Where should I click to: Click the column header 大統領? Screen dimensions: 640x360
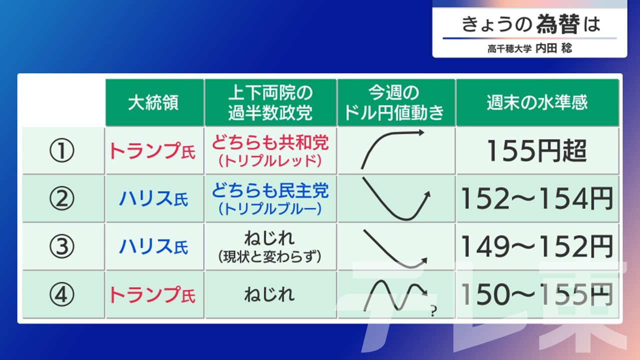(x=153, y=102)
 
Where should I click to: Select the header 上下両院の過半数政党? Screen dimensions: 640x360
(x=270, y=102)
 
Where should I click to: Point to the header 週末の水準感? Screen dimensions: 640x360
(x=537, y=102)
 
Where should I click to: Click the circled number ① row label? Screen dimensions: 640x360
(x=61, y=150)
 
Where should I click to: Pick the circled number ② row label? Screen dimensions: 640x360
(x=61, y=198)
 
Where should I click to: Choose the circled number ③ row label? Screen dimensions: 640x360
(x=61, y=246)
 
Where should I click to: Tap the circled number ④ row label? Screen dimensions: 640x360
(x=61, y=294)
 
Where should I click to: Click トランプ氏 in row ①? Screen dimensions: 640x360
(x=152, y=151)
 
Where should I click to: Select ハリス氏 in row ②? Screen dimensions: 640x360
(x=153, y=198)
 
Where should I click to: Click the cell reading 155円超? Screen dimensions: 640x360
(x=537, y=150)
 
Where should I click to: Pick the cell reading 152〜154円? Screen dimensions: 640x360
(x=537, y=198)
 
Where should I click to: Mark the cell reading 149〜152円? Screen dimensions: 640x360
(x=537, y=246)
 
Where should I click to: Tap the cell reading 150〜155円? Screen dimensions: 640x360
(x=537, y=294)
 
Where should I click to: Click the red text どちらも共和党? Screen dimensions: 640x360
(x=270, y=142)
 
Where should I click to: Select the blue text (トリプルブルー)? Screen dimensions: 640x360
(x=270, y=209)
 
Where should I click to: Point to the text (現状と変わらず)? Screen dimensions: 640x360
(x=269, y=256)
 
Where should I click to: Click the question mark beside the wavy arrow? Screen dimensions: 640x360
(x=433, y=311)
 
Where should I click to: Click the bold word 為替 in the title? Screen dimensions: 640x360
(x=558, y=24)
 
